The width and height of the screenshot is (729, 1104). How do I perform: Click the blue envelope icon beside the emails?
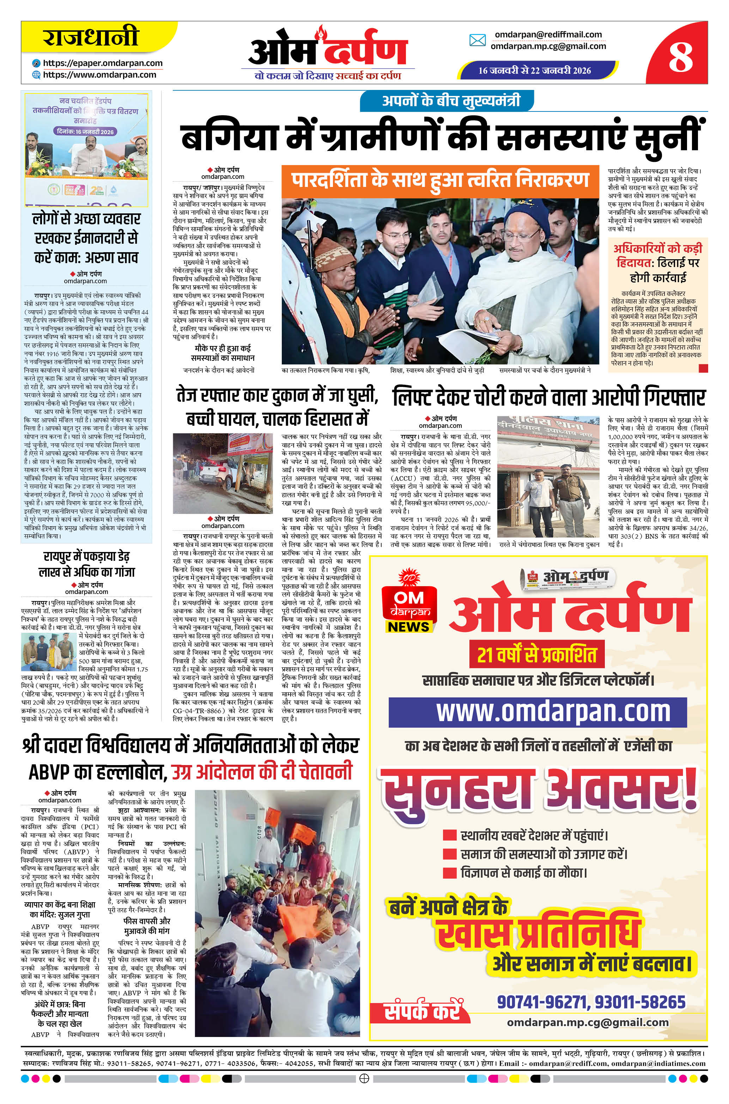477,41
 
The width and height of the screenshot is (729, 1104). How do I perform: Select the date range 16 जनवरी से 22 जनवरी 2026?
535,70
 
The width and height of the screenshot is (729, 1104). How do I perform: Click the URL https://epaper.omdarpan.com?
102,63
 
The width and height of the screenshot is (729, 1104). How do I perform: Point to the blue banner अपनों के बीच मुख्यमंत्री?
448,101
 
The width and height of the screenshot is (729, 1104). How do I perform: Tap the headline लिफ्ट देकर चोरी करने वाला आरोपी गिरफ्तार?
549,398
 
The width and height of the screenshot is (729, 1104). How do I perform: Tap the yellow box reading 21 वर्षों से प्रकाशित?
537,655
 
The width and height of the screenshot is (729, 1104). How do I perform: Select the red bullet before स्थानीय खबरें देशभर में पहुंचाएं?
449,835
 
